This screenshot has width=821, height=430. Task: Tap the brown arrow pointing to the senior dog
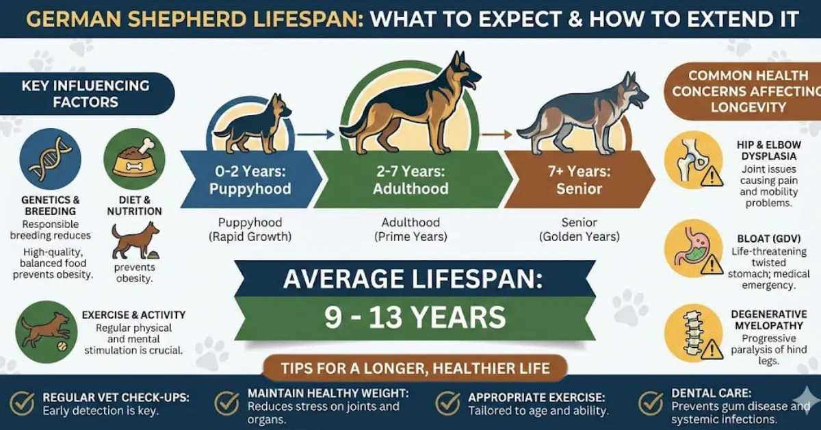[496, 134]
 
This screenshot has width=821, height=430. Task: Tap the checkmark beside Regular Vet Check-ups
[22, 403]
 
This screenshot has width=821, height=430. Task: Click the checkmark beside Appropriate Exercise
[448, 403]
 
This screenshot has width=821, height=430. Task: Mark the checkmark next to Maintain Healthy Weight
[226, 403]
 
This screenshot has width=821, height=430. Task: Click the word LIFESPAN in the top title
[301, 18]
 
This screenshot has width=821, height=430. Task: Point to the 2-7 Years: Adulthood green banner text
[410, 181]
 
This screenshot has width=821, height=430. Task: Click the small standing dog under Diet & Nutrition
[134, 240]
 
